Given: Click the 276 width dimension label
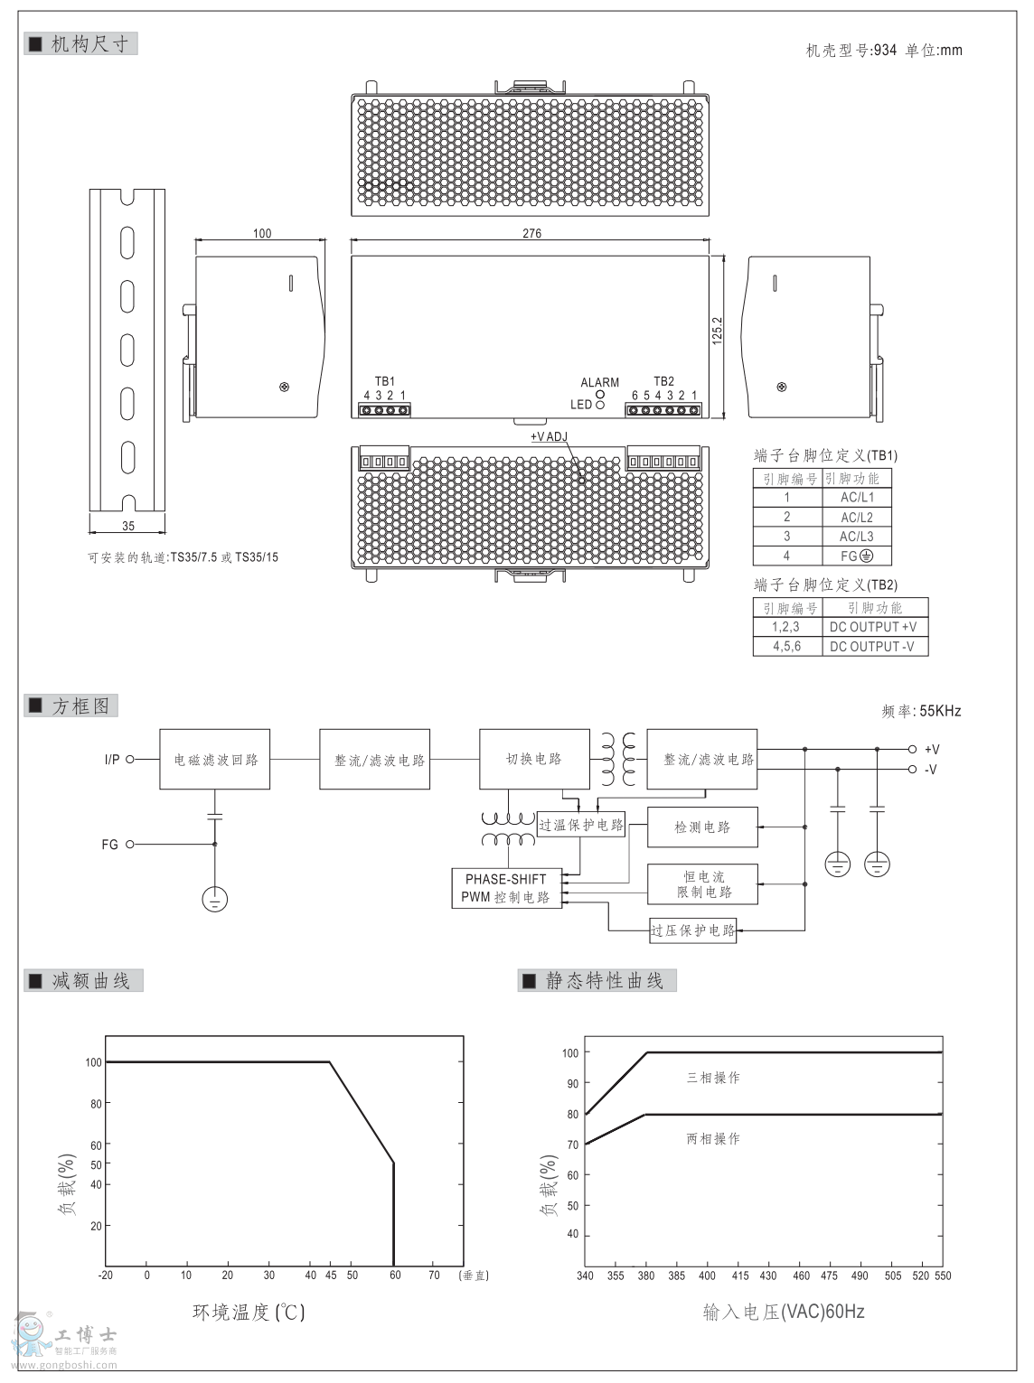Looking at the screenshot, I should coord(531,233).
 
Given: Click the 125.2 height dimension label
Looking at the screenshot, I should coord(718,331).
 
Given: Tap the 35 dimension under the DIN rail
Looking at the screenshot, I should coord(127,526).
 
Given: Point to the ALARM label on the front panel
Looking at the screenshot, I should coord(599,383).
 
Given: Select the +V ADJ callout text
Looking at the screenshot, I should coord(549,437).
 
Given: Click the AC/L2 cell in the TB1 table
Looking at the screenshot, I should coord(857,517).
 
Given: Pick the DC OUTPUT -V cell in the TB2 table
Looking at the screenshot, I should coord(872,647).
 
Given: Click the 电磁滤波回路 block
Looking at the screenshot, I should coord(215,760).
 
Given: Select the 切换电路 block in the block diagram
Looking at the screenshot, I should coord(533,759).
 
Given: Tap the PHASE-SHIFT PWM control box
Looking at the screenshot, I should coord(506,888).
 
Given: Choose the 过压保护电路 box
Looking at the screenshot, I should coord(693,930).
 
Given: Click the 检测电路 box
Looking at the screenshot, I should coord(702,827).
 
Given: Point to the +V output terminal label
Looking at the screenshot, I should coord(932,749).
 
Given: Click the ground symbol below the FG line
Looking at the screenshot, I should coord(214,899).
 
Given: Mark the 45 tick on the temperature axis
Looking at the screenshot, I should coord(331,1276).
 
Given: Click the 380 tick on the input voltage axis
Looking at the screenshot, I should coord(647,1276).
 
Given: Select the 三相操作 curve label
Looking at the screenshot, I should coord(713,1078).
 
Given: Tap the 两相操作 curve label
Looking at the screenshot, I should coord(713,1139).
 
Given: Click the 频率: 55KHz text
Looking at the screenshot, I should coord(921,711).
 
